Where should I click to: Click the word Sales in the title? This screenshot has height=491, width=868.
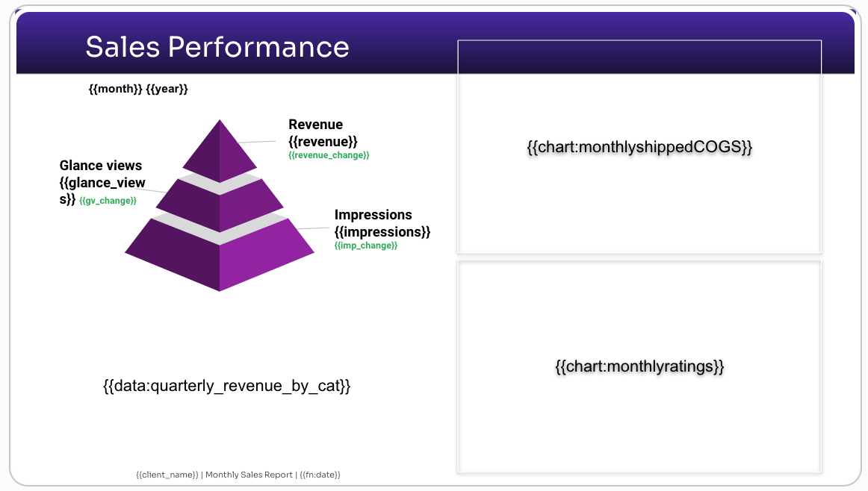coord(123,46)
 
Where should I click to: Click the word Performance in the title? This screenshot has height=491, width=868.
coord(258,46)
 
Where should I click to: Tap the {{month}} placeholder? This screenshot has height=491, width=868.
coord(116,89)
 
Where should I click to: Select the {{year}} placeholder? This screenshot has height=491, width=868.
coord(167,89)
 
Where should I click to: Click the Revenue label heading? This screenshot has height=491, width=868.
coord(315,125)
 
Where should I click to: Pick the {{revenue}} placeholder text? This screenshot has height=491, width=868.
coord(323,142)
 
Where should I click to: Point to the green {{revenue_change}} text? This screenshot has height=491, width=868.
coord(329,155)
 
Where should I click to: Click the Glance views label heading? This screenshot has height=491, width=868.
coord(101,166)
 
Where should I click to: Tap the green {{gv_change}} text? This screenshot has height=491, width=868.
coord(108,201)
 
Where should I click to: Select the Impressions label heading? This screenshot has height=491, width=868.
coord(373,215)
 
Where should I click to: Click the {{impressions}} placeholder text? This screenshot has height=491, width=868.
coord(382,231)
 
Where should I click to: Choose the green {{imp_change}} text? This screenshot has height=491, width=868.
coord(366,245)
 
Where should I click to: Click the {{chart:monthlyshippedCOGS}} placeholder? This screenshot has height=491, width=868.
coord(639,147)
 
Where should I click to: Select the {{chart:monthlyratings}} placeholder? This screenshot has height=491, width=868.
coord(639,366)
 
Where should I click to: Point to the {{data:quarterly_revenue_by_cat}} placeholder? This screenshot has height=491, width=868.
coord(227,385)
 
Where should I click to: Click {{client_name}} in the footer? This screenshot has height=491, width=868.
coord(167,475)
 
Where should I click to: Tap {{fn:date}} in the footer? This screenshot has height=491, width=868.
coord(320,475)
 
